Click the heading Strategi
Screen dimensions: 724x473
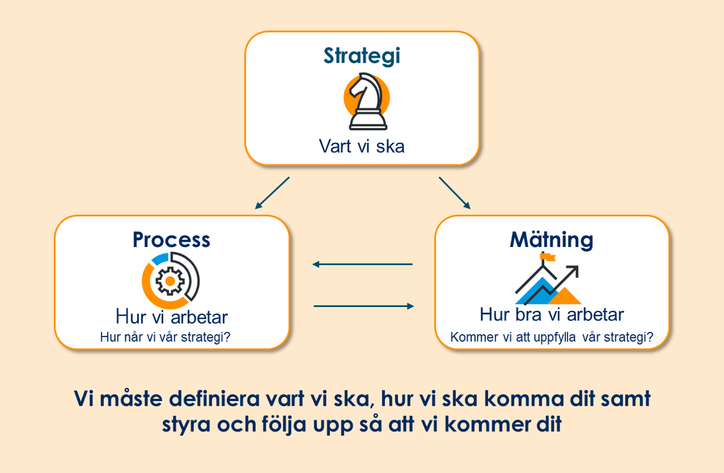tap(361, 56)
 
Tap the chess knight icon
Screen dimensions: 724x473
tap(368, 102)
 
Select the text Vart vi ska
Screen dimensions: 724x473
tap(361, 146)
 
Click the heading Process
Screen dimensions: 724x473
tap(171, 240)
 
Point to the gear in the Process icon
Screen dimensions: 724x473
tap(170, 281)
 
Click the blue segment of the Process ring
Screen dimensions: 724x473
tap(160, 259)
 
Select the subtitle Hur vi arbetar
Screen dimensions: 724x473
tap(172, 317)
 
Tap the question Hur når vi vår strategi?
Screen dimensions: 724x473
tap(165, 337)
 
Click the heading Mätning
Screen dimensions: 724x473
tap(552, 240)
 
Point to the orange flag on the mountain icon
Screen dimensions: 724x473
tap(548, 257)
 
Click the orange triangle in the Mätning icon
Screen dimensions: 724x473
tap(564, 296)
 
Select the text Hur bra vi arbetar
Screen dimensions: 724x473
tap(552, 314)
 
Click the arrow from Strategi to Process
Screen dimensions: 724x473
tap(272, 193)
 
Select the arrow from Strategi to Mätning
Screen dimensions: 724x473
tap(454, 193)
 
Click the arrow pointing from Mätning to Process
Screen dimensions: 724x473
tap(363, 264)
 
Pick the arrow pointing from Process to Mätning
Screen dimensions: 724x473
tap(364, 306)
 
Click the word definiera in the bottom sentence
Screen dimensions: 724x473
tap(214, 399)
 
